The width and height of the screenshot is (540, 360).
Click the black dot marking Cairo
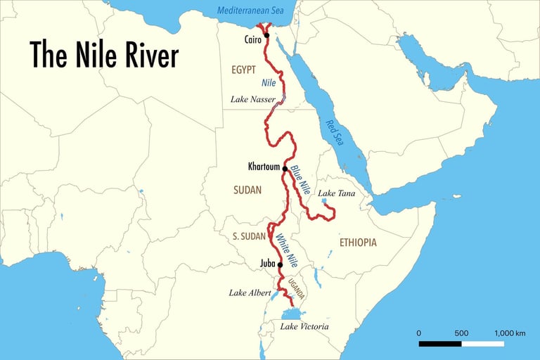click(266, 34)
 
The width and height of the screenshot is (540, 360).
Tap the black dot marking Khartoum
click(285, 168)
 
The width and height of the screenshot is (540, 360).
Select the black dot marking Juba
click(280, 265)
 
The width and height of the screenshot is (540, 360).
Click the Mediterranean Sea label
click(252, 10)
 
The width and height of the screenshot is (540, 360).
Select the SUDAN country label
click(247, 190)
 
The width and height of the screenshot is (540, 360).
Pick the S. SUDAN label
click(244, 236)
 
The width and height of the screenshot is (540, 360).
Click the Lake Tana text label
click(337, 193)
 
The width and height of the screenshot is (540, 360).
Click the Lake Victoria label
click(304, 327)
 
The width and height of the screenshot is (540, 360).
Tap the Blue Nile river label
click(300, 180)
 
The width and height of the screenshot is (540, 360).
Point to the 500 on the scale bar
click(461, 333)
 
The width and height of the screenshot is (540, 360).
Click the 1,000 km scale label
click(510, 333)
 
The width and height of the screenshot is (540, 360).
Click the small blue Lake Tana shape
click(324, 201)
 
